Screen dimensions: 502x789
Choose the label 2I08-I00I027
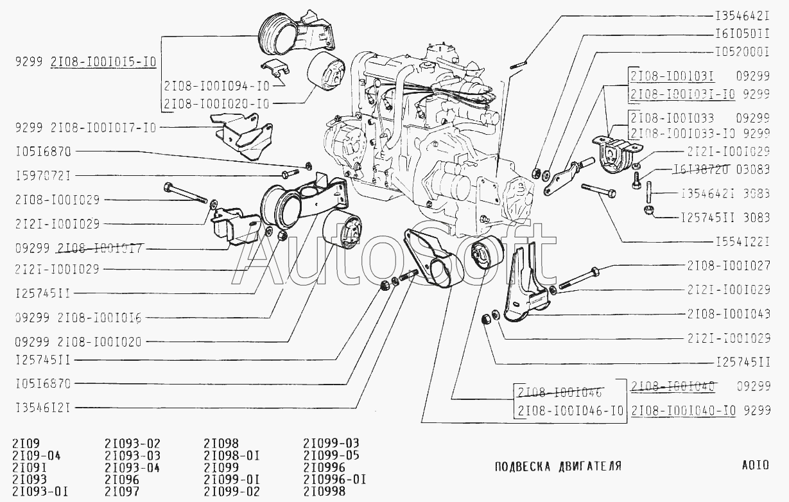click(x=729, y=264)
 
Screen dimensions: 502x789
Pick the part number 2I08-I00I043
click(x=729, y=314)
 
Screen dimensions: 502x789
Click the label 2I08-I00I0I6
click(x=100, y=317)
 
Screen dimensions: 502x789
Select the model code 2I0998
click(x=324, y=492)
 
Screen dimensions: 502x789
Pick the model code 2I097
click(x=121, y=492)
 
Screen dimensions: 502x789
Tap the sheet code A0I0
click(x=754, y=465)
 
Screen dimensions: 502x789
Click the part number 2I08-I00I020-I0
click(x=216, y=103)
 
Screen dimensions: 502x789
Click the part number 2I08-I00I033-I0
click(x=683, y=133)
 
